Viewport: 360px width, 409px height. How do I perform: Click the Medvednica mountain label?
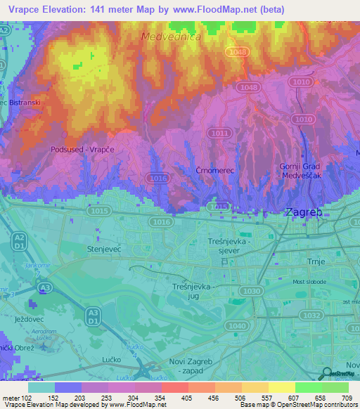point(171,36)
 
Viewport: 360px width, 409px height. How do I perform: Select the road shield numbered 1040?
point(238,326)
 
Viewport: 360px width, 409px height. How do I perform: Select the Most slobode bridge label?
point(309,281)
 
